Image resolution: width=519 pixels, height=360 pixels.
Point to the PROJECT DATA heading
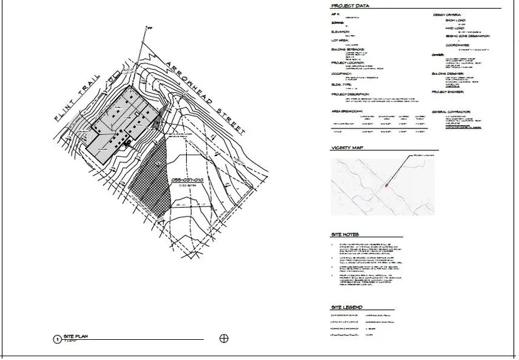(x=350, y=6)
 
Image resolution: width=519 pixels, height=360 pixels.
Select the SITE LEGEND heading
(x=346, y=307)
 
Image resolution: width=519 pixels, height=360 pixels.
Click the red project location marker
(x=386, y=185)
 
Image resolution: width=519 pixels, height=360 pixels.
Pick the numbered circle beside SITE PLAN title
(x=57, y=339)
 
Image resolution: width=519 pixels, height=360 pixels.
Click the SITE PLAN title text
(x=79, y=337)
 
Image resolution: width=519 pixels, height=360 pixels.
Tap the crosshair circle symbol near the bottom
(x=223, y=339)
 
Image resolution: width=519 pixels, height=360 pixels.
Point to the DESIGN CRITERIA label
(x=447, y=14)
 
